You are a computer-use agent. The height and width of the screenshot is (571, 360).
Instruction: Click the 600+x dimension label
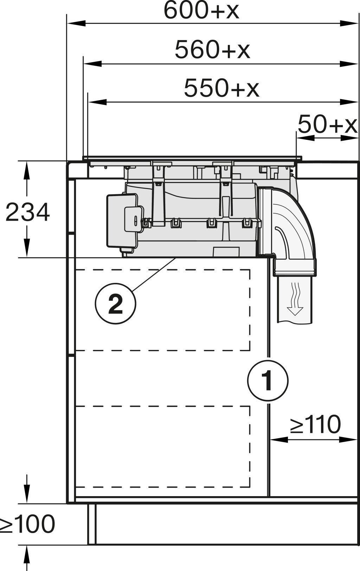[x=201, y=11]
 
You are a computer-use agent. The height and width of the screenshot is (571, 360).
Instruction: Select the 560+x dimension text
[x=212, y=50]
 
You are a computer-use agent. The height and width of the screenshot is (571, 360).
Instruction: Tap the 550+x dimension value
[x=221, y=88]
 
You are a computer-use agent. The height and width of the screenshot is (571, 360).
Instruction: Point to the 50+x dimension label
[x=327, y=124]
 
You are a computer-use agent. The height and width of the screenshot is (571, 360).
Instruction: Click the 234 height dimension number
[x=27, y=212]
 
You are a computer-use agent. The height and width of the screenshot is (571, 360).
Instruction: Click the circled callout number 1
[x=268, y=381]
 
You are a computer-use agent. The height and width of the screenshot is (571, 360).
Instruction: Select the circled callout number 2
[x=116, y=304]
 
